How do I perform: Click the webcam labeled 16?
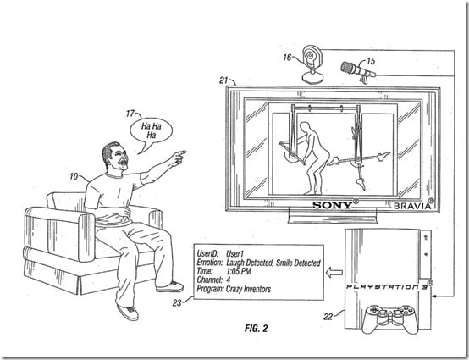(x=312, y=64)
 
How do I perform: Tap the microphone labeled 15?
(x=358, y=71)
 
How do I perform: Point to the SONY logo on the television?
(x=333, y=205)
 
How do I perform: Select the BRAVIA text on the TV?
(x=412, y=206)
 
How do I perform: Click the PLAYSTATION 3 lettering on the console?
(x=387, y=286)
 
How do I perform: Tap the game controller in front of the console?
(x=389, y=318)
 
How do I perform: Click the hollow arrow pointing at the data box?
(x=334, y=272)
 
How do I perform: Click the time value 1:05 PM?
(x=239, y=271)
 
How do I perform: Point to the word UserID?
(x=207, y=254)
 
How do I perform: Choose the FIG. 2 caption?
(x=256, y=329)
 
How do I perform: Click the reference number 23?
(x=177, y=303)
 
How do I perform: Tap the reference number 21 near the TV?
(x=223, y=80)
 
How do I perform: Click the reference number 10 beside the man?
(x=74, y=176)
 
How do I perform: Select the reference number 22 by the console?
(x=328, y=317)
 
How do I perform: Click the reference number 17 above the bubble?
(x=130, y=114)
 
